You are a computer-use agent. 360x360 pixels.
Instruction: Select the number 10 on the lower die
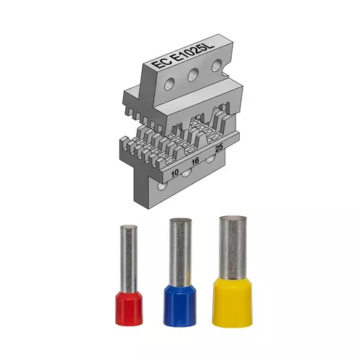[x=175, y=173]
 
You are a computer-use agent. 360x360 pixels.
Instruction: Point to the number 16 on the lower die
[x=195, y=161]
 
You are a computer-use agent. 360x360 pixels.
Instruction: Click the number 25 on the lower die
[x=219, y=148]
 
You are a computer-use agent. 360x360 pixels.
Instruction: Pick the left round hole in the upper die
[x=169, y=84]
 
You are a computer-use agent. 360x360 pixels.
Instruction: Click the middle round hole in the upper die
[x=193, y=74]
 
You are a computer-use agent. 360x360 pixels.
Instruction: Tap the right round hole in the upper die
[x=217, y=65]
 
